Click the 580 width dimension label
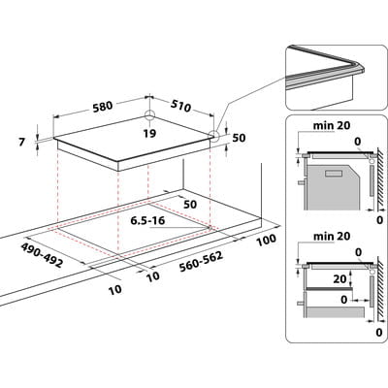point(102,107)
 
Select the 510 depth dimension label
point(180,106)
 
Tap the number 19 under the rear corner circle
point(149,133)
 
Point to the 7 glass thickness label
point(21,142)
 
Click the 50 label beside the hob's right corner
point(240,138)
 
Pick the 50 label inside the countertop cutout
point(190,205)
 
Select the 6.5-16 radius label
point(147,220)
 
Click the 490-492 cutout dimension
point(42,255)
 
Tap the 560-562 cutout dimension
point(202,262)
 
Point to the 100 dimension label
point(267,240)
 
